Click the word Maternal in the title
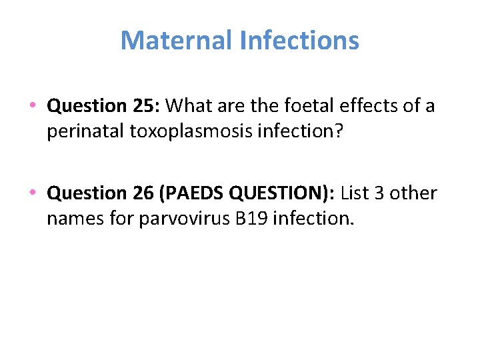(175, 41)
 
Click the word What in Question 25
(187, 105)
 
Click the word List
(355, 193)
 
